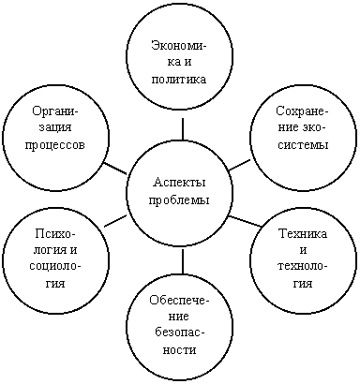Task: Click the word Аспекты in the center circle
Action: pyautogui.click(x=179, y=182)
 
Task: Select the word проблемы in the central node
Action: pyautogui.click(x=179, y=199)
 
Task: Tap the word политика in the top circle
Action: pyautogui.click(x=179, y=80)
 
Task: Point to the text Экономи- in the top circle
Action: pyautogui.click(x=179, y=46)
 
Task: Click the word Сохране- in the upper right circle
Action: pyautogui.click(x=302, y=111)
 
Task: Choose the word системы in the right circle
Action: pyautogui.click(x=303, y=145)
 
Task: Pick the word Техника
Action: pyautogui.click(x=303, y=233)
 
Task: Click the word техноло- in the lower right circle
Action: pyautogui.click(x=303, y=267)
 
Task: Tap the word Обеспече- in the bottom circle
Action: pyautogui.click(x=179, y=300)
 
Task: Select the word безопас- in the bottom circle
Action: pyautogui.click(x=180, y=333)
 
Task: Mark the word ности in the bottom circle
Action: pyautogui.click(x=180, y=350)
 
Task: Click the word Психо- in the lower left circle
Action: pyautogui.click(x=55, y=233)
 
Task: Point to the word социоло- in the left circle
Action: pyautogui.click(x=55, y=267)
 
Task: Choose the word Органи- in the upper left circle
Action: pyautogui.click(x=55, y=111)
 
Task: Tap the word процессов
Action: pyautogui.click(x=55, y=145)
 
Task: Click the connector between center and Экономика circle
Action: pyautogui.click(x=183, y=128)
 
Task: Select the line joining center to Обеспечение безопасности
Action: pyautogui.click(x=183, y=261)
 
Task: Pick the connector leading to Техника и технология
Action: pyautogui.click(x=246, y=221)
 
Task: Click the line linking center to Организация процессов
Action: pyautogui.click(x=114, y=169)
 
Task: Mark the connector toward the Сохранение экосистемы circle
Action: pyautogui.click(x=240, y=165)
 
